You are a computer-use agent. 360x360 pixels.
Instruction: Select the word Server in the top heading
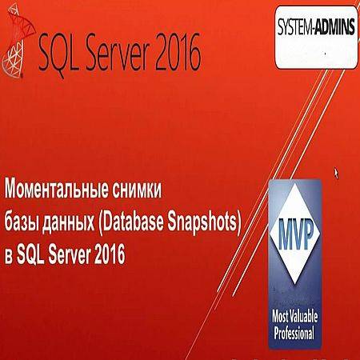pos(118,53)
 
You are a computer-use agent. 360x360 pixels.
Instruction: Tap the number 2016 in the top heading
pos(178,53)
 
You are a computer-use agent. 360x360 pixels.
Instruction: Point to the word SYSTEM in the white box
pos(294,26)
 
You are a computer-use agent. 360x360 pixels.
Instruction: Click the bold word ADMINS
pos(335,26)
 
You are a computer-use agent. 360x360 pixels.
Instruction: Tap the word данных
pos(68,223)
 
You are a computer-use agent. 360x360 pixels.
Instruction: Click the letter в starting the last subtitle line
pos(9,256)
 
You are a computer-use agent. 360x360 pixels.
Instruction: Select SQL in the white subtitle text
pos(30,254)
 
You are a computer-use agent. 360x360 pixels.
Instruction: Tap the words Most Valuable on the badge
pos(294,317)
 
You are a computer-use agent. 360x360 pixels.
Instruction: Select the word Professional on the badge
pos(294,333)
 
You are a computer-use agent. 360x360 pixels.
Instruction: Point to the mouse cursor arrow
pos(336,173)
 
